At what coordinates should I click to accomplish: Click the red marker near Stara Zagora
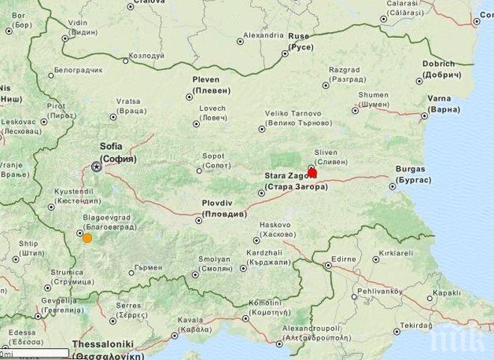point(312,173)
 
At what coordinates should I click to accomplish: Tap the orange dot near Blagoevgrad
point(88,238)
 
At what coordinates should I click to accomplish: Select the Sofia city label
point(118,152)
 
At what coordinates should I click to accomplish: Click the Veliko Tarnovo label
point(299,118)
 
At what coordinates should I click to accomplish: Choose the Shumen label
point(373,100)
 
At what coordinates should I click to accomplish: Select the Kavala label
point(191,324)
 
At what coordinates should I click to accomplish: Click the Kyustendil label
point(77,196)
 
